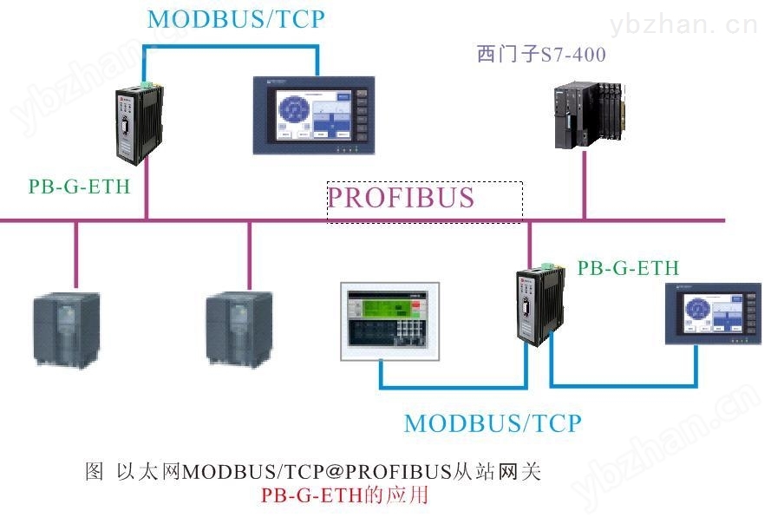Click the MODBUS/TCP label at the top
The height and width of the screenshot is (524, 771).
tap(236, 19)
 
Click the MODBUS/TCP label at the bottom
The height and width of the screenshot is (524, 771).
tap(493, 423)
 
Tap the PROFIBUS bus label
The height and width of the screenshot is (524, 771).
tap(401, 198)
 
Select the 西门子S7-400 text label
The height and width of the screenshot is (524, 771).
tap(541, 54)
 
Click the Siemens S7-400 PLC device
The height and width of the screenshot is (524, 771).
tap(590, 115)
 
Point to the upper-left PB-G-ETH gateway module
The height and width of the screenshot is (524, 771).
tap(139, 123)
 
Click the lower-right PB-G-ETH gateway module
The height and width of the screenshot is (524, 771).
tap(540, 305)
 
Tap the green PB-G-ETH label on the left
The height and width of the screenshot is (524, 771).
tap(79, 187)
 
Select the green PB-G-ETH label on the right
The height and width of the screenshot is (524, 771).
tap(628, 268)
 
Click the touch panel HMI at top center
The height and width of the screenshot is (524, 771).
tap(314, 115)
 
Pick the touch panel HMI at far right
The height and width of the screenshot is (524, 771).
tap(713, 313)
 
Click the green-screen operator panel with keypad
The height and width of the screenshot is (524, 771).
tap(390, 321)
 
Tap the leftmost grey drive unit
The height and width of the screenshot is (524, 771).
tap(67, 329)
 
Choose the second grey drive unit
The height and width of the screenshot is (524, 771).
tap(239, 329)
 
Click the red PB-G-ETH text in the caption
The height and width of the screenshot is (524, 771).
tap(311, 495)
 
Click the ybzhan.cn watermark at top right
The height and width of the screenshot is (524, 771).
tap(684, 23)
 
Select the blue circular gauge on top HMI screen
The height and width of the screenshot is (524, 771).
tap(294, 108)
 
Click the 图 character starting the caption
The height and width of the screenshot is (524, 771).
tap(94, 471)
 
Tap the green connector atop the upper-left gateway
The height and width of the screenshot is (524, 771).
tap(147, 85)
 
